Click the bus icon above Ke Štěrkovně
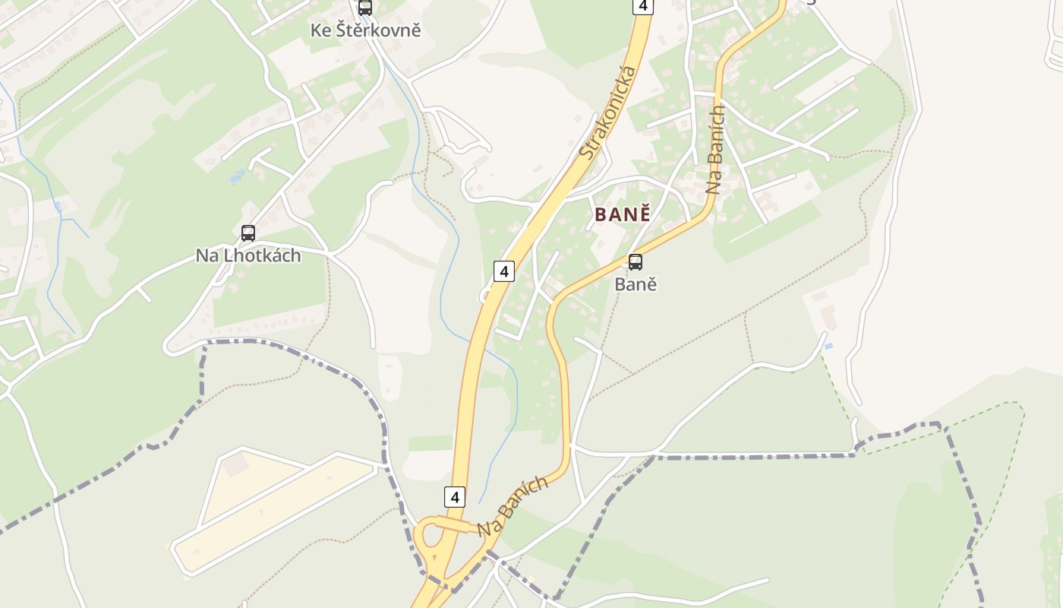365,8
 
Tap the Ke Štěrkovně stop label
365,30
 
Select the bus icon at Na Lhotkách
248,233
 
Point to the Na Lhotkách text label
248,255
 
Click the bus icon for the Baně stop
636,262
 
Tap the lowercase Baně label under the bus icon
636,284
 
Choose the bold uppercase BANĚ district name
623,214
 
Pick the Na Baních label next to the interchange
513,507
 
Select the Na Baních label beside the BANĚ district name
714,150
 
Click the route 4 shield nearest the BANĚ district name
503,271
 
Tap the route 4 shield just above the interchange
454,497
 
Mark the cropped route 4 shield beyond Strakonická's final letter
642,6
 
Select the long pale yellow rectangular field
273,514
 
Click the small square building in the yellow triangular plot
235,463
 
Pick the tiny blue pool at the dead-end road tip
828,347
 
